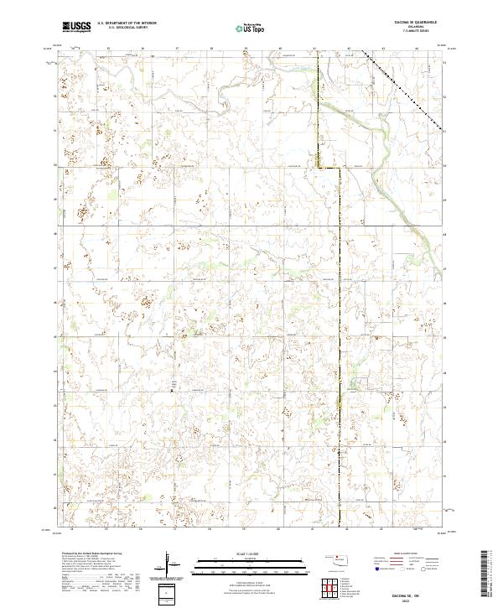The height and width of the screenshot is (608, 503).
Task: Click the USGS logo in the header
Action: [x=76, y=27]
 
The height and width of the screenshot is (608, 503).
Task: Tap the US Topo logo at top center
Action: [x=251, y=28]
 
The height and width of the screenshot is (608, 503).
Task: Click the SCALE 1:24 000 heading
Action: [x=251, y=554]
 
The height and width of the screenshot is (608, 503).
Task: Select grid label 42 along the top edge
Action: [x=350, y=49]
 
